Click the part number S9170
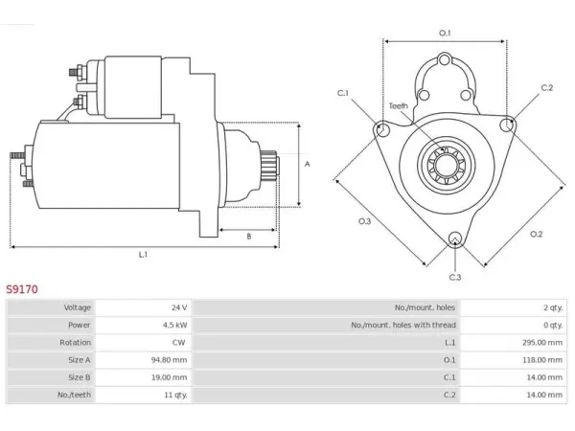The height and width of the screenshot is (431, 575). tap(22, 289)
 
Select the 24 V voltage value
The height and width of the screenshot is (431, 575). tap(179, 307)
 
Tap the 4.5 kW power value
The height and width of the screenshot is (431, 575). tap(175, 325)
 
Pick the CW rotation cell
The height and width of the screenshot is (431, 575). tap(178, 342)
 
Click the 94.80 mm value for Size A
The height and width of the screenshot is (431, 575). tap(169, 360)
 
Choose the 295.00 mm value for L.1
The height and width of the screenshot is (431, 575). tap(542, 342)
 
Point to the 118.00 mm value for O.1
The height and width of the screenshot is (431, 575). tap(542, 360)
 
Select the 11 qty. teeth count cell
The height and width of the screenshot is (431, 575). tap(175, 395)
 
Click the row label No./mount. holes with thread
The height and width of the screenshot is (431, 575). tap(403, 325)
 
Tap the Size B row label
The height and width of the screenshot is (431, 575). tap(80, 377)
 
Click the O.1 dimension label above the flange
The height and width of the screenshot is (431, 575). tap(445, 33)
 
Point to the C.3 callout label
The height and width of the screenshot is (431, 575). tap(455, 277)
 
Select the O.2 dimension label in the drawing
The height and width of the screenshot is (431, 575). tap(536, 234)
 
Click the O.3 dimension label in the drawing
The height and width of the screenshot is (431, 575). tap(364, 221)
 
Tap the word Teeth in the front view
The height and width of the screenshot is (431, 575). tap(399, 106)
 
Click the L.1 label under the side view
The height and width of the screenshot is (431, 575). tap(143, 254)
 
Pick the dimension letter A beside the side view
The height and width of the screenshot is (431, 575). tap(308, 164)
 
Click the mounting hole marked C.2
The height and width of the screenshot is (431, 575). tap(507, 125)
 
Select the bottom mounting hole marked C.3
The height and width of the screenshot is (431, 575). tap(455, 238)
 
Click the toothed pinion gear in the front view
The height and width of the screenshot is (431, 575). tap(447, 164)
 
